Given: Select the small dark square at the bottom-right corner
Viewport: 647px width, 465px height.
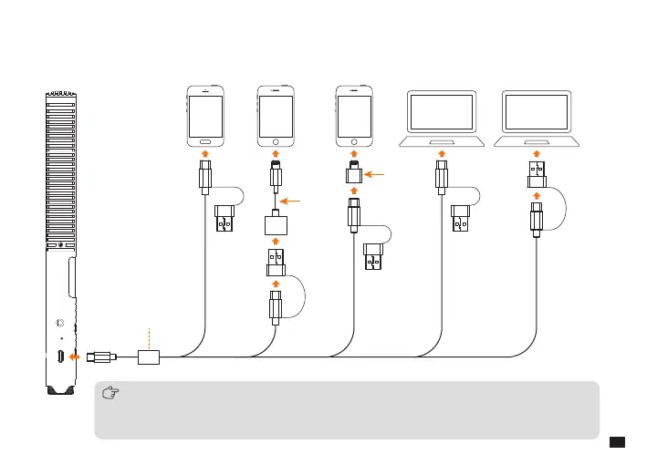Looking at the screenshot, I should coord(616,442).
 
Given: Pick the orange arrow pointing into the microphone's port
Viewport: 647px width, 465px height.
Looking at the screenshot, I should coord(75,356).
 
